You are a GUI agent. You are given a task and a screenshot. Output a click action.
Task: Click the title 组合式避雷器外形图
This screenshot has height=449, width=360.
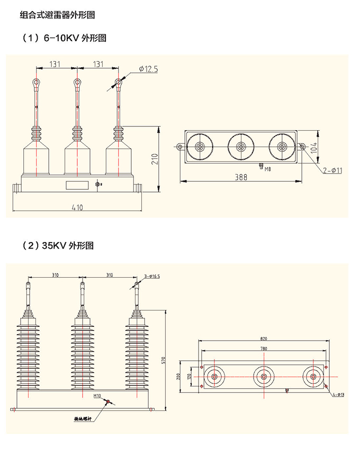click(x=57, y=15)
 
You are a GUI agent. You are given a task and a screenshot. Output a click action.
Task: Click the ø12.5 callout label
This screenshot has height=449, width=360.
click(x=148, y=69)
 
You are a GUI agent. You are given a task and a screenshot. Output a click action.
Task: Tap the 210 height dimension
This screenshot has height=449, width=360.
click(x=154, y=159)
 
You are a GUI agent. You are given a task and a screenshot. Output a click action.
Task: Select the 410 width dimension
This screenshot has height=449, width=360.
click(x=77, y=208)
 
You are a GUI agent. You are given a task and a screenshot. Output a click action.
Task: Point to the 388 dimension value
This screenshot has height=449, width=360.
click(x=241, y=178)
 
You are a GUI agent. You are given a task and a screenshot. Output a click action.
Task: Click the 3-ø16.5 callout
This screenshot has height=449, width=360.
click(x=152, y=276)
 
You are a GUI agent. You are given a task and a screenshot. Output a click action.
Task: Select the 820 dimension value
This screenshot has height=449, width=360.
click(x=264, y=338)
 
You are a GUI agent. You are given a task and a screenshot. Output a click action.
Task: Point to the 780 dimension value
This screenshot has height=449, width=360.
click(x=264, y=349)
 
